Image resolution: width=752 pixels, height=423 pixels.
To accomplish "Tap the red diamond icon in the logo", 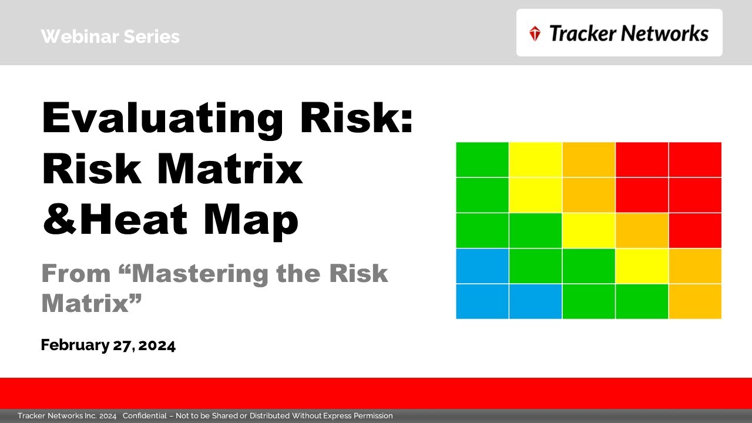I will tap(535, 33).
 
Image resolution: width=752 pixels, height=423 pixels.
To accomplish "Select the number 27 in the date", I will tap(122, 345).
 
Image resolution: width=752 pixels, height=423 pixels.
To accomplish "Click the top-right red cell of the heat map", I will tap(695, 159).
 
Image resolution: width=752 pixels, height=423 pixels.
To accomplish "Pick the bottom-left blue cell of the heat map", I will tap(482, 301).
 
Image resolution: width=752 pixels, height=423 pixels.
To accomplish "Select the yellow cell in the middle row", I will tap(589, 230).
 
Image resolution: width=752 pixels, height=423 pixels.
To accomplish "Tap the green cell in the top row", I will tap(482, 159).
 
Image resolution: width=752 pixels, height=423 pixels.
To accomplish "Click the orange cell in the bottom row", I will tap(695, 301).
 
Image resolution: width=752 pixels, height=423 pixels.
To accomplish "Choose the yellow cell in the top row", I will tap(535, 159).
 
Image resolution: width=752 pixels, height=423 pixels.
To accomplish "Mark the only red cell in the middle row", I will tap(695, 230).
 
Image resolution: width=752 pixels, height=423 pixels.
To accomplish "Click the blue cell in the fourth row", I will tap(482, 266).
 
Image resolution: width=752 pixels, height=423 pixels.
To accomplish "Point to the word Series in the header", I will tap(152, 37).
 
